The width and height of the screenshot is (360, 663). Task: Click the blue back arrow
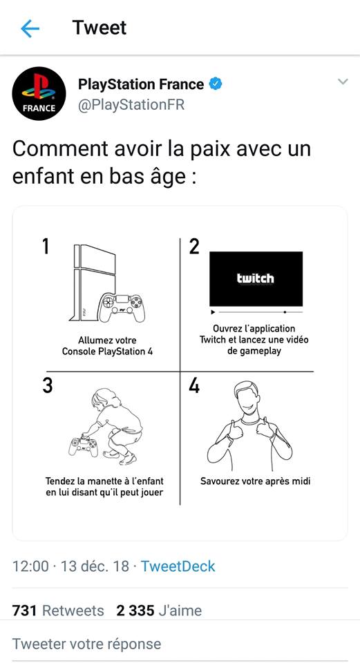click(x=30, y=28)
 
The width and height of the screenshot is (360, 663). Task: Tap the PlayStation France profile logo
click(x=39, y=93)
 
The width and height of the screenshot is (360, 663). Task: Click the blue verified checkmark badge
click(x=216, y=84)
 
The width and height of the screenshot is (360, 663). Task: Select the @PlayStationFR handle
click(x=131, y=104)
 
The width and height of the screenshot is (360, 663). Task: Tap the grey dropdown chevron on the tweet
click(x=343, y=81)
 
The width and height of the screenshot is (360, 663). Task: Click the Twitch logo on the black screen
click(x=256, y=278)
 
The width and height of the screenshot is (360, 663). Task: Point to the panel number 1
click(x=46, y=247)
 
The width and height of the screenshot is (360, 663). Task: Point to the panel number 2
click(x=194, y=247)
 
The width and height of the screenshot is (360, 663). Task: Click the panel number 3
click(x=48, y=385)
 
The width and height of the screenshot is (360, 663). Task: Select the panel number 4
click(x=194, y=385)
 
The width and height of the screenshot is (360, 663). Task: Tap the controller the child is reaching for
click(x=84, y=446)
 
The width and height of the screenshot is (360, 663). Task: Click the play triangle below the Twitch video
click(x=214, y=312)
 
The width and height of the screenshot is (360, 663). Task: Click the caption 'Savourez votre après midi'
click(x=256, y=481)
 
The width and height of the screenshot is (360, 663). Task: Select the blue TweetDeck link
click(x=178, y=566)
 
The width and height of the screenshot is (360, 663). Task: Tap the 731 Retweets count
click(x=58, y=611)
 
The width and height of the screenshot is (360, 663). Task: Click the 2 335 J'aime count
click(x=159, y=611)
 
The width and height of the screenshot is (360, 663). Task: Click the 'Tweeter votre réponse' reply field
click(x=87, y=644)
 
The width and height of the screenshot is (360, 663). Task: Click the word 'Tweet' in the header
click(x=100, y=28)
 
